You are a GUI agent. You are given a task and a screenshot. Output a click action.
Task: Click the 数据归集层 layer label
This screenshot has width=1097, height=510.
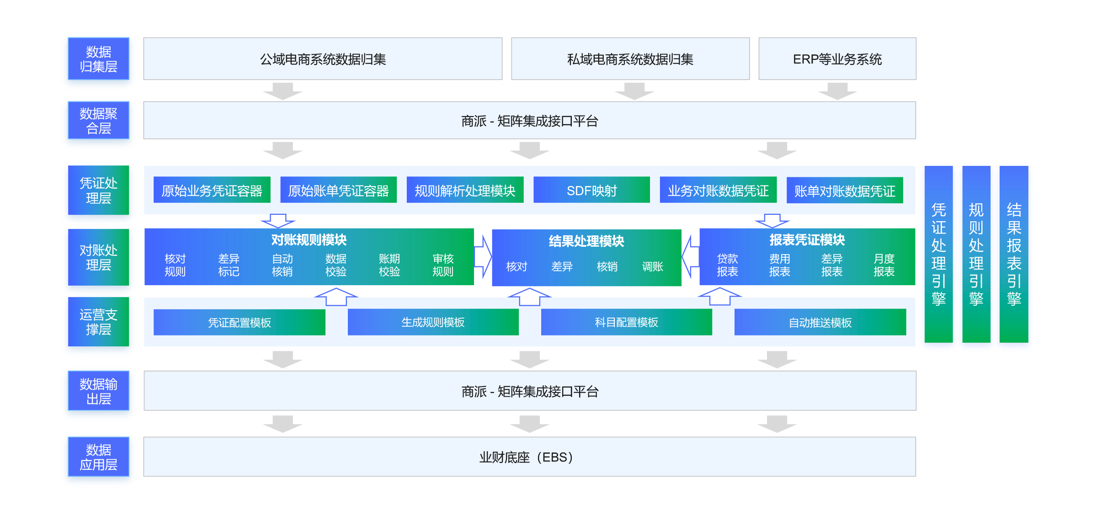click(98, 59)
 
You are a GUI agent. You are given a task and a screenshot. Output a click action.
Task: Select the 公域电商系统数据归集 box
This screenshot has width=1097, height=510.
click(323, 59)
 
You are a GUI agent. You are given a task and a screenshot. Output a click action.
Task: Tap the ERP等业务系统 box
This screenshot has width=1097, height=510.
click(837, 59)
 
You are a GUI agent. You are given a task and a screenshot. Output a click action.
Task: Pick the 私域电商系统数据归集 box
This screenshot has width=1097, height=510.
click(630, 59)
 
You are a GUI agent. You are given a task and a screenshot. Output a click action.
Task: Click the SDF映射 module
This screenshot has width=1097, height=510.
click(591, 190)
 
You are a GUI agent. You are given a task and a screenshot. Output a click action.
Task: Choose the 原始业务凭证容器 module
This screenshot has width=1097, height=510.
click(212, 190)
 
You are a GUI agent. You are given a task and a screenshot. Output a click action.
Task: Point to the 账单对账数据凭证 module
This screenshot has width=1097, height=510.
click(845, 190)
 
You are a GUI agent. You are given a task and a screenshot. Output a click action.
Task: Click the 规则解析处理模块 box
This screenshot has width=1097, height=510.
click(465, 190)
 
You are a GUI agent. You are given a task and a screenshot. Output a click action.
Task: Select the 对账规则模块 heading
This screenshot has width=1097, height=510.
click(309, 240)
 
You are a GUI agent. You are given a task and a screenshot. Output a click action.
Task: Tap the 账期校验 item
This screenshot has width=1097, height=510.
click(389, 266)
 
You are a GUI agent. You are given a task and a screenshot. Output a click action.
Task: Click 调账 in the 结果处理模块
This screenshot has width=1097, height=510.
click(652, 267)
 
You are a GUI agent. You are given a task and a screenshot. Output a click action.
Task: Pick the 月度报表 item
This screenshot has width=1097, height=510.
click(884, 266)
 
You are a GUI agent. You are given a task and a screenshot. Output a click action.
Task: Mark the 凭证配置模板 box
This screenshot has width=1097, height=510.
click(240, 322)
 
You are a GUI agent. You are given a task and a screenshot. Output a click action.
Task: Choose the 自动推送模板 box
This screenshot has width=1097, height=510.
click(820, 322)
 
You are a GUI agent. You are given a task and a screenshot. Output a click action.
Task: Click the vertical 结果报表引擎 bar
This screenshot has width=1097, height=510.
click(1014, 254)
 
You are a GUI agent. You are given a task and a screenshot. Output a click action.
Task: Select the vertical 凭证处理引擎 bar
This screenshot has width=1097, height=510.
click(939, 254)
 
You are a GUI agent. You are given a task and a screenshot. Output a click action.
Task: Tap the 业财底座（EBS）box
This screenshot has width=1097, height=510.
click(530, 457)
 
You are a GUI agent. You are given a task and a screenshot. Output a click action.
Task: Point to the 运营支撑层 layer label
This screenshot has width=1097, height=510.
click(98, 322)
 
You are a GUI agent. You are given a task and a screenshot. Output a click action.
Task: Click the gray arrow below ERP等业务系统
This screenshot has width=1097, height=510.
click(837, 91)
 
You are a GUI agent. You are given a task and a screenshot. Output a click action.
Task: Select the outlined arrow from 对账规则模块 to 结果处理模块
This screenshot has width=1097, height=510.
click(483, 256)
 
